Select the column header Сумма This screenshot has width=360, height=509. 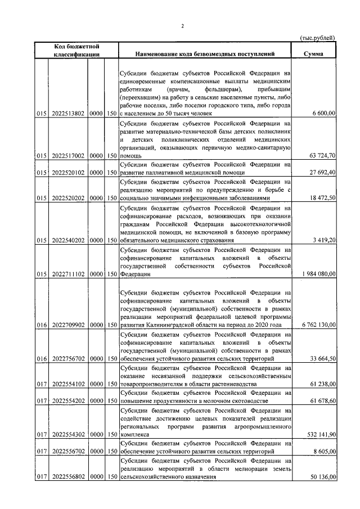point(312,55)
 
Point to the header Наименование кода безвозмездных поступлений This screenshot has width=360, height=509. point(205,55)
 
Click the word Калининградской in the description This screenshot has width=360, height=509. point(172,325)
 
